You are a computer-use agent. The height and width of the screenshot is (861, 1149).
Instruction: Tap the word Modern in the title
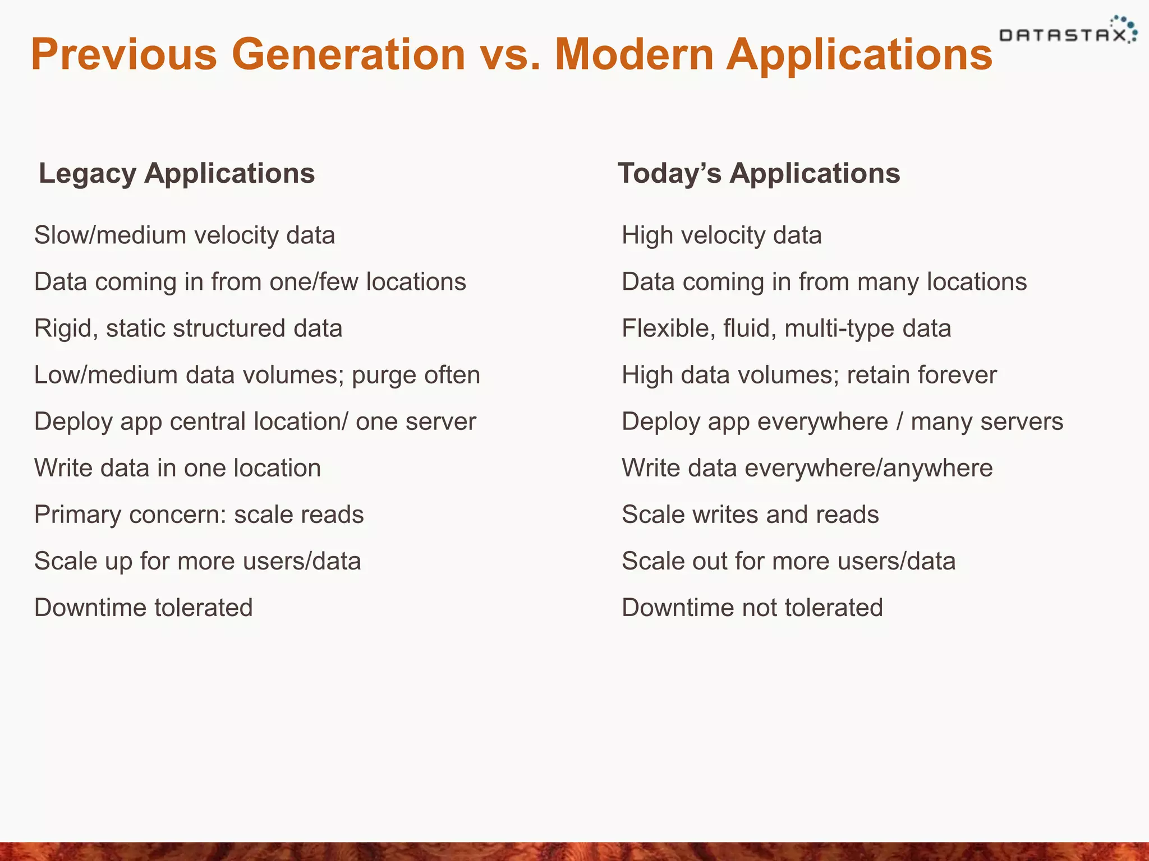point(633,54)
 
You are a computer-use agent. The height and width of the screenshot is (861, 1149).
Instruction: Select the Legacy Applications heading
point(177,173)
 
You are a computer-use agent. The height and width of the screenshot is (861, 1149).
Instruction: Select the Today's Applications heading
point(759,173)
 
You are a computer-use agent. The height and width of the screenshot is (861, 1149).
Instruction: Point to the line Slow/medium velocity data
point(185,235)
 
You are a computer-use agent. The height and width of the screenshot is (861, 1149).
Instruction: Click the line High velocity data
point(721,235)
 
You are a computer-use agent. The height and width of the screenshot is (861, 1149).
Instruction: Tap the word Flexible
point(668,328)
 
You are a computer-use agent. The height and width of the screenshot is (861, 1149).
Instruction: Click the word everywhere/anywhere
point(868,469)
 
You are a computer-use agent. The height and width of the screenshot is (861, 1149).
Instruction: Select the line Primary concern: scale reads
point(199,515)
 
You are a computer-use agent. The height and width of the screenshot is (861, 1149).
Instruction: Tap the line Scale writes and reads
point(750,515)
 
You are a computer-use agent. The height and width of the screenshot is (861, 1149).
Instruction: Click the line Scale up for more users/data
point(197,561)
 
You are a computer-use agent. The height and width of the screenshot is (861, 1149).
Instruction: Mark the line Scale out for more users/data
point(788,561)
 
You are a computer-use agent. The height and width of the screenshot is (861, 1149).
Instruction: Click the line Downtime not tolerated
point(752,608)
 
